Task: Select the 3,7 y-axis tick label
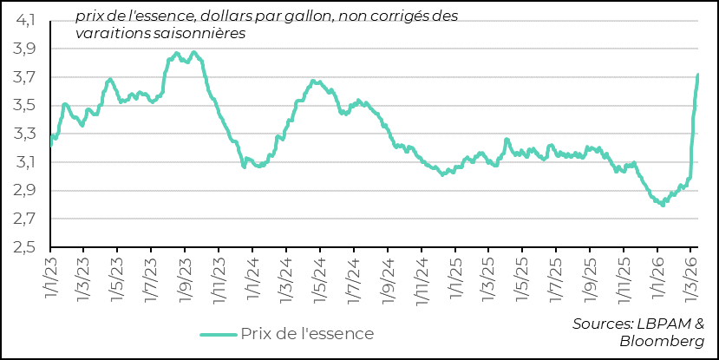click(x=24, y=78)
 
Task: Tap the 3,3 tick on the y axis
click(x=24, y=134)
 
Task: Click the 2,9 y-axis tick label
click(x=24, y=191)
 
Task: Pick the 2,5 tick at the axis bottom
click(x=24, y=247)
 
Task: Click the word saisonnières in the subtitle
click(x=201, y=33)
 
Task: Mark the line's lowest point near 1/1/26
click(x=663, y=205)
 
